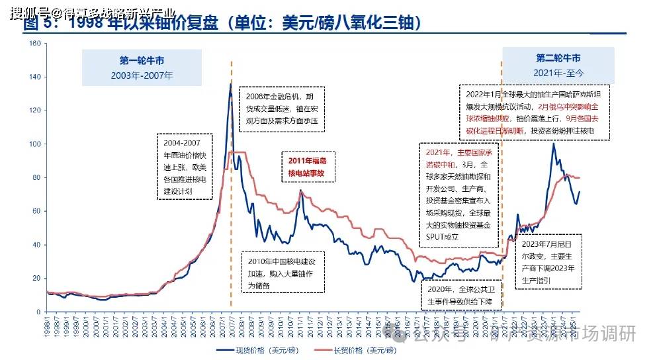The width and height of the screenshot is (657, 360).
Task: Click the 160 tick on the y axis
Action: click(x=36, y=44)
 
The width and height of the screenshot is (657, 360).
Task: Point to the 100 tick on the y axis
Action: click(x=36, y=144)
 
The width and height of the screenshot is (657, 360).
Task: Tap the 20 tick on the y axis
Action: click(x=37, y=278)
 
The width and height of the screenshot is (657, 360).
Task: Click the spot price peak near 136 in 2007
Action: click(x=230, y=84)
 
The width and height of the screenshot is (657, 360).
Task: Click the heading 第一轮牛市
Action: click(x=132, y=59)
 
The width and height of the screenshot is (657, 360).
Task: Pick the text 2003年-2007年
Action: click(x=132, y=75)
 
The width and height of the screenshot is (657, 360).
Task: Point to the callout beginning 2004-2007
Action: click(x=185, y=166)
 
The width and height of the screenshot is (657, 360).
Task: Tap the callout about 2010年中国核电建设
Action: click(x=283, y=272)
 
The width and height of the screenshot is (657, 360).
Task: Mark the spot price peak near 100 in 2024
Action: click(x=553, y=144)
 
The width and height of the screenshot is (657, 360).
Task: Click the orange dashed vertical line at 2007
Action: click(x=231, y=199)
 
